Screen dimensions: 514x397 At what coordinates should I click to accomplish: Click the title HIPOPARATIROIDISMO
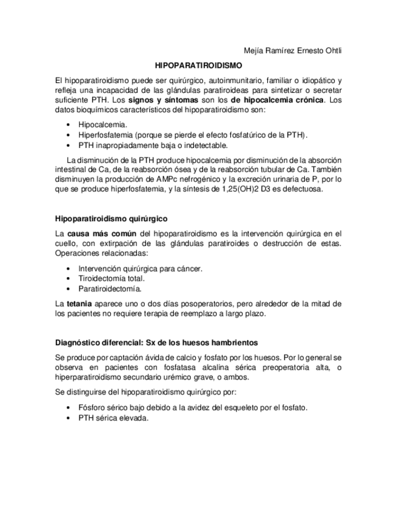[198, 64]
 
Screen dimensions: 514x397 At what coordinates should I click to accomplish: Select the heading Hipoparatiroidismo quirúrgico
[111, 218]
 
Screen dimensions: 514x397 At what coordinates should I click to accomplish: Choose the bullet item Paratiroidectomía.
[110, 289]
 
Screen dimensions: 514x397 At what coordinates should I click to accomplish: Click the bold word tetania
[79, 303]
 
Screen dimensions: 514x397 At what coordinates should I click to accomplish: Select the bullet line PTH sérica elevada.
[113, 418]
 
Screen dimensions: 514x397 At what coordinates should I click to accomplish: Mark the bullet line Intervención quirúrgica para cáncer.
[141, 268]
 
